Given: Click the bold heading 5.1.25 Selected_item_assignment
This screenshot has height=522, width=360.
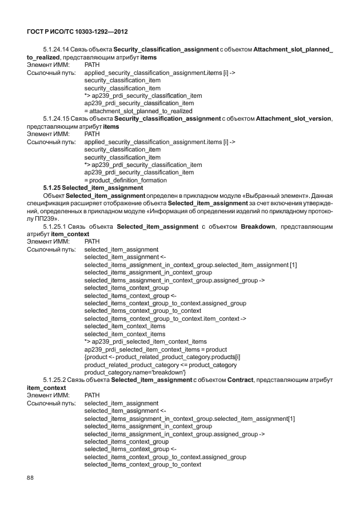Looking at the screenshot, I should pos(93,187).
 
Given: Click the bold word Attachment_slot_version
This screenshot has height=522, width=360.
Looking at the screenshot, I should pos(294,118).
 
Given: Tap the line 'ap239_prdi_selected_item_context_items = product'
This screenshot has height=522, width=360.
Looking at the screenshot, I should pos(155,349).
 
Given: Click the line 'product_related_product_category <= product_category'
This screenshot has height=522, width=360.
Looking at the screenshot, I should pos(161,365).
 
